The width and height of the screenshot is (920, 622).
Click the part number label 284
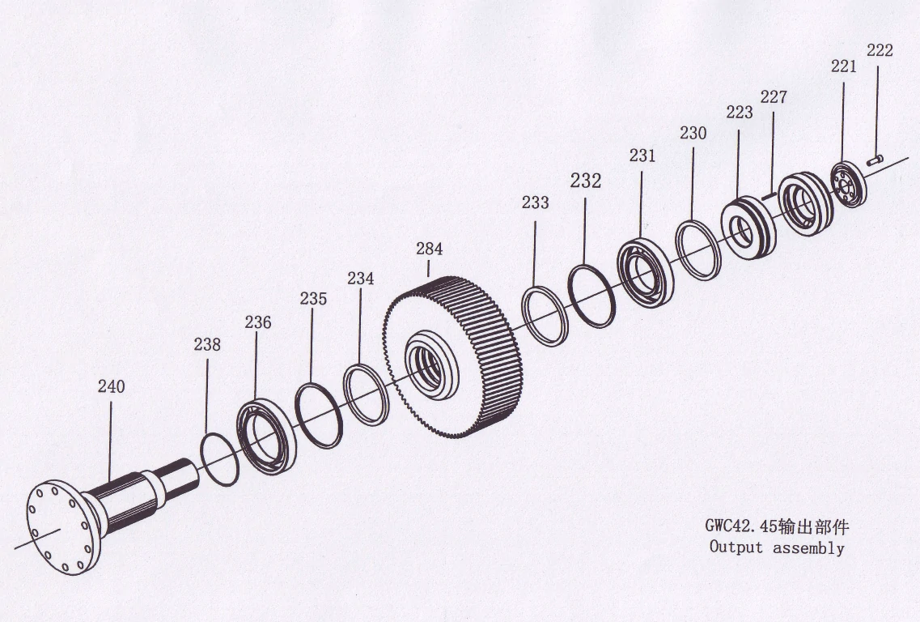tap(430, 249)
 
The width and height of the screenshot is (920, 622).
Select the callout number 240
tap(112, 386)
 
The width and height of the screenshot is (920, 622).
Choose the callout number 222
tap(880, 50)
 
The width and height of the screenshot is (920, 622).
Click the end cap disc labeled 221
tap(848, 185)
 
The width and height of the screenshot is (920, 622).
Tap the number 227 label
tap(774, 97)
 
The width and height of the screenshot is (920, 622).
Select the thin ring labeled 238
tap(218, 459)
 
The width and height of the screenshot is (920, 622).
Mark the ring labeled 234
tap(367, 394)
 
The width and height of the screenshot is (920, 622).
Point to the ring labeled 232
tap(591, 296)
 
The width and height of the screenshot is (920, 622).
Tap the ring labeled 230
tap(697, 249)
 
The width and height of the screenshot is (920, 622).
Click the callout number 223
tap(739, 113)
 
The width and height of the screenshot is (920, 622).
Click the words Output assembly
tap(777, 547)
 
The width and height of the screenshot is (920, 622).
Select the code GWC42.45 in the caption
tap(740, 526)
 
